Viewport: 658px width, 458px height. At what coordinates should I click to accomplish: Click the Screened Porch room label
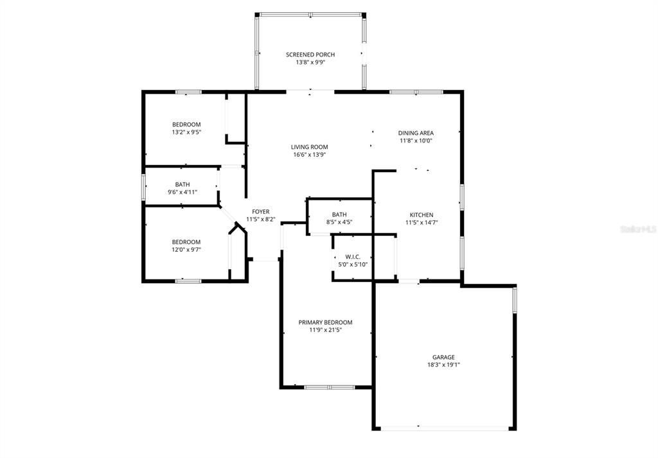[310, 55]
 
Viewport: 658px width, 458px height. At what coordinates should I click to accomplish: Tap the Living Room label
[309, 147]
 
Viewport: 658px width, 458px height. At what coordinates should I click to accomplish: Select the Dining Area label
[416, 133]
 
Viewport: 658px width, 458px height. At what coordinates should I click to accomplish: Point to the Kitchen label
[422, 215]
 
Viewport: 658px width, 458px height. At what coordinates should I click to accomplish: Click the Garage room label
[443, 357]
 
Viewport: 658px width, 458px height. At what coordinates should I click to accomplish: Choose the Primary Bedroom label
[325, 322]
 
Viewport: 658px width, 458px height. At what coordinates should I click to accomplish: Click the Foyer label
[260, 211]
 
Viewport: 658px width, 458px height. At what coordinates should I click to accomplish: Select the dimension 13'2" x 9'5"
[186, 132]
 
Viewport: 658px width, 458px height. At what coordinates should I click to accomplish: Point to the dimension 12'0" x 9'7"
[186, 250]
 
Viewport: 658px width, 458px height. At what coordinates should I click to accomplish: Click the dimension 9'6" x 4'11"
[182, 192]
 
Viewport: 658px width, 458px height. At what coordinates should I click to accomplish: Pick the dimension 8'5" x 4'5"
[339, 222]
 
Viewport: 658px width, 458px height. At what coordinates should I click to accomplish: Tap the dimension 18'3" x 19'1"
[443, 365]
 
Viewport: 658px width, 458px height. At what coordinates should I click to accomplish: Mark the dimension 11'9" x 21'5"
[325, 330]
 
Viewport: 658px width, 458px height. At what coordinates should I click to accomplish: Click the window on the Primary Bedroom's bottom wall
[329, 387]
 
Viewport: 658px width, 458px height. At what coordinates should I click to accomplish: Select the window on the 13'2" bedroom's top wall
[188, 92]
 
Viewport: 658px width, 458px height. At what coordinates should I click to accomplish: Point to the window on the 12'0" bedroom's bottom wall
[188, 281]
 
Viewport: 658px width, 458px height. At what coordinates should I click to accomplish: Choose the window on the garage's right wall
[515, 300]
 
